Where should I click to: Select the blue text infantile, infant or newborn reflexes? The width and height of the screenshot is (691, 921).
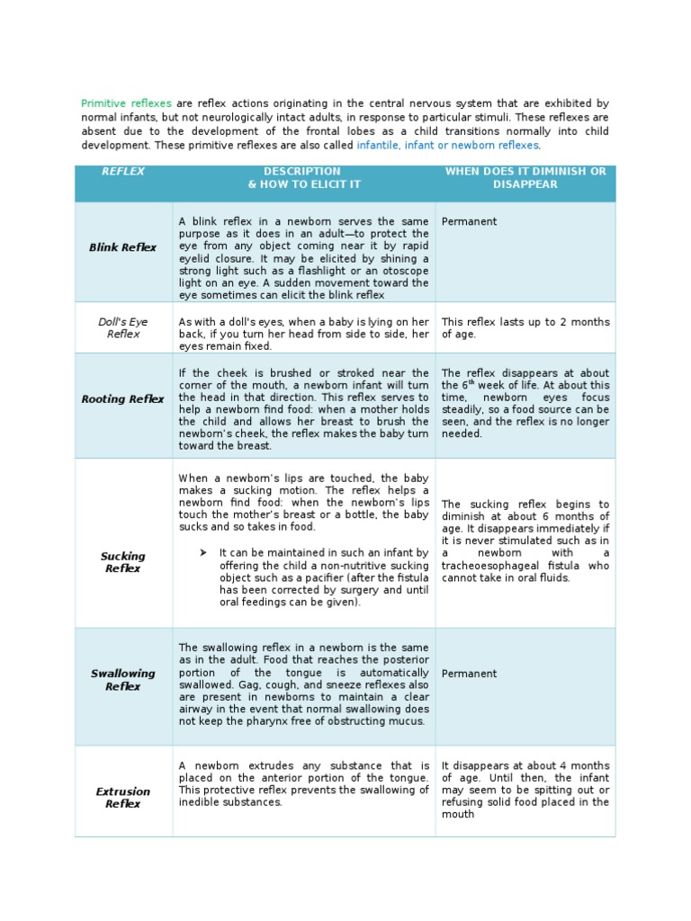[x=448, y=144]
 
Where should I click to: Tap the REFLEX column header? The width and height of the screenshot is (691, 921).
[x=123, y=171]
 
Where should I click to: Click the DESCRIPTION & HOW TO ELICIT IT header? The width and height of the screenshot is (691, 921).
[x=302, y=177]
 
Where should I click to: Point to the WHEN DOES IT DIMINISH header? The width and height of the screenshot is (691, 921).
[x=525, y=177]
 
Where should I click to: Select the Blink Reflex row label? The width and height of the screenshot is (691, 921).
[x=123, y=247]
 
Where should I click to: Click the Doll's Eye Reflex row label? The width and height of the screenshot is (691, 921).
[x=123, y=327]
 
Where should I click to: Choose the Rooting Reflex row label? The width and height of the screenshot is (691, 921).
[x=123, y=399]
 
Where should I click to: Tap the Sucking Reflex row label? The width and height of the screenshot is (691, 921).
[x=123, y=562]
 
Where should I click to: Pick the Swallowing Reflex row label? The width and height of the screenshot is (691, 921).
[x=123, y=680]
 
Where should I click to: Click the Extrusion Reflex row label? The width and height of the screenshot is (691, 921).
[x=123, y=798]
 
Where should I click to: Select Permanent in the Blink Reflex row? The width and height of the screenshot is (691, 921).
[x=469, y=221]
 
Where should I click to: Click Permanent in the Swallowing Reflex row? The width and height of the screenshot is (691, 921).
[x=469, y=674]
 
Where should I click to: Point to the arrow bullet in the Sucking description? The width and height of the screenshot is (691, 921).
[x=203, y=552]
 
